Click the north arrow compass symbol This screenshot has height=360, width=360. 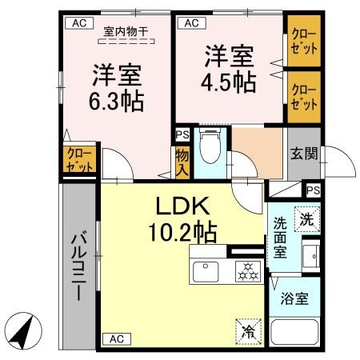(x=23, y=330)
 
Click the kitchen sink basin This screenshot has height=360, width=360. (x=210, y=270)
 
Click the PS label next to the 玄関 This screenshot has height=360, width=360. (x=314, y=190)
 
